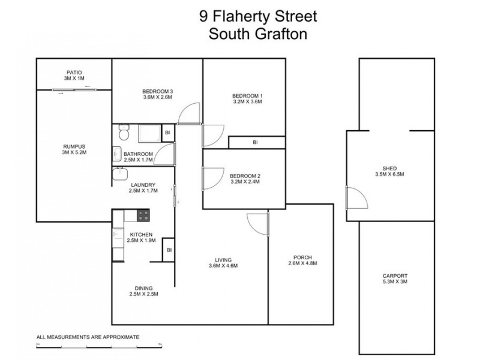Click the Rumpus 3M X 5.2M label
coord(74,149)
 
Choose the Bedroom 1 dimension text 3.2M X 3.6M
coord(247,102)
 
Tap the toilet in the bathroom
coord(123,130)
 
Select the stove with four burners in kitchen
coord(144,215)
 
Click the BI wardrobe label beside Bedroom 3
coord(167,132)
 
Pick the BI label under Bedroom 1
coord(255,143)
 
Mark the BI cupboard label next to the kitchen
coord(169,250)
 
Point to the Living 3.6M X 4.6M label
coord(223,262)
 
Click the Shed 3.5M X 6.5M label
coord(389,172)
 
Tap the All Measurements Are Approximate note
coord(88,337)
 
